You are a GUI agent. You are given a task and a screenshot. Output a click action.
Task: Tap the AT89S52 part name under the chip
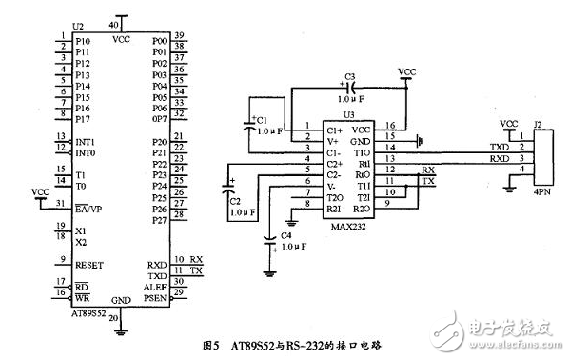(88, 312)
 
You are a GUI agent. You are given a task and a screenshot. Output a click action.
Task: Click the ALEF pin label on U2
(156, 286)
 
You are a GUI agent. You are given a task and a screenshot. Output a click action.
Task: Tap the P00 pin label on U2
(159, 43)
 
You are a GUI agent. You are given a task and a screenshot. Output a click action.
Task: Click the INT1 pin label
(86, 141)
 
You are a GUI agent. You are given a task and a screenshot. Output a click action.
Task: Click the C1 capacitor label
(263, 121)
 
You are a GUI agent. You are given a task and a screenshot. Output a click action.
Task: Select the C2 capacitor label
(235, 201)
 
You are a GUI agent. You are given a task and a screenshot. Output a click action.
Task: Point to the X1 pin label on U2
(81, 230)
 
